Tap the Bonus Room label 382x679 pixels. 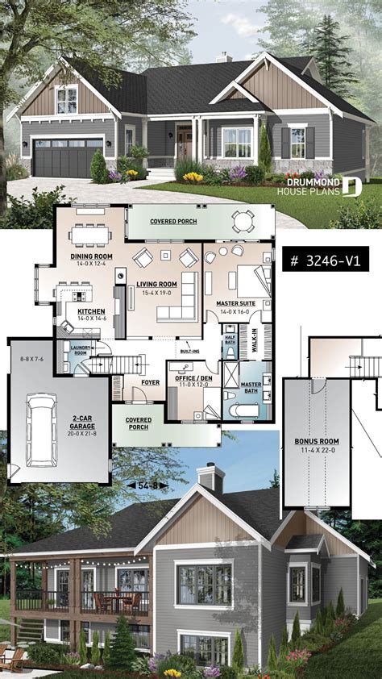(317, 442)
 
